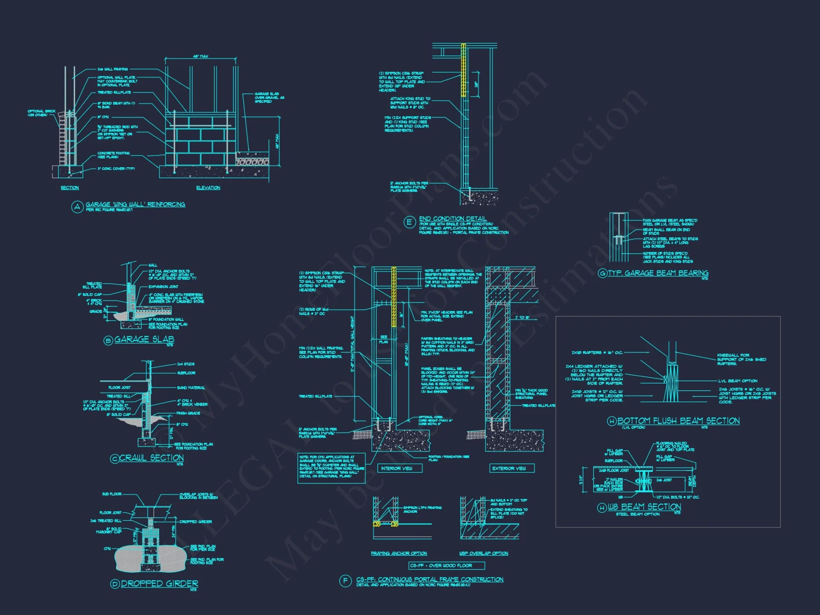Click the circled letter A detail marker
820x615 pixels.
[x=77, y=207]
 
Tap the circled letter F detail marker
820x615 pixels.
[x=345, y=581]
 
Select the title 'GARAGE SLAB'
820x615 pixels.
[x=144, y=339]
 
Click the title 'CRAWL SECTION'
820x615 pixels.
[x=151, y=458]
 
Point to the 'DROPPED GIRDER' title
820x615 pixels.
[x=159, y=583]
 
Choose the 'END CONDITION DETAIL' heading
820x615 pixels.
[x=453, y=219]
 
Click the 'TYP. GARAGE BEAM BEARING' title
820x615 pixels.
[x=658, y=273]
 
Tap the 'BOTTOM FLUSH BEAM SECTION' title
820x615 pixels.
[x=679, y=421]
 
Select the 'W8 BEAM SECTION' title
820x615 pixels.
[x=644, y=507]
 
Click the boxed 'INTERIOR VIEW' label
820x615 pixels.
[x=396, y=468]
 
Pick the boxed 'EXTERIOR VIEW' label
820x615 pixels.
[x=509, y=468]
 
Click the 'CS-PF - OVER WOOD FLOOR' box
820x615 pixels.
[x=447, y=566]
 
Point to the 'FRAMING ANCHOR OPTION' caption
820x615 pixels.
[x=399, y=553]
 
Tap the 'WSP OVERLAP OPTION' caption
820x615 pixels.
[x=484, y=553]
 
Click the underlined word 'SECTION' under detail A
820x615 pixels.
[x=70, y=188]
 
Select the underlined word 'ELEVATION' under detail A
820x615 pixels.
[x=208, y=188]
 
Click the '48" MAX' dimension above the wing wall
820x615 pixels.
[x=200, y=56]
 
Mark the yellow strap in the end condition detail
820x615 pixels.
[x=463, y=70]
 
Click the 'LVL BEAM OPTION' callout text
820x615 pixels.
[x=738, y=381]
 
